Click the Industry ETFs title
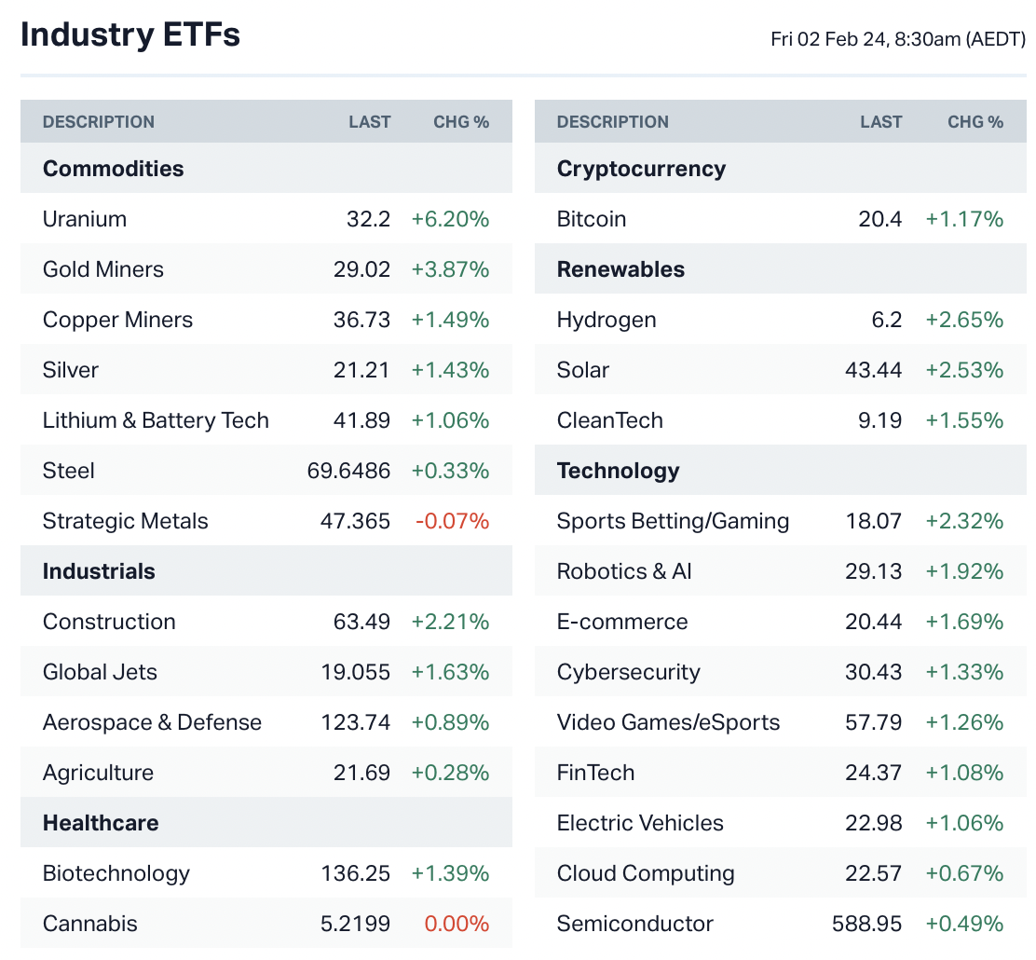[130, 34]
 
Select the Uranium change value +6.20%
[450, 219]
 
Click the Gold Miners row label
[103, 269]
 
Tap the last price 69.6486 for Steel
[348, 471]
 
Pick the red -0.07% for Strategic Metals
[452, 521]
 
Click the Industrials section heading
[99, 571]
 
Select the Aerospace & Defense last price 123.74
[355, 722]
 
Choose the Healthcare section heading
[101, 823]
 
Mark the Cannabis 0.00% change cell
[457, 924]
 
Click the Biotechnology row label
[116, 873]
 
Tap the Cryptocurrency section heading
[641, 169]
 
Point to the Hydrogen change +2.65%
[964, 320]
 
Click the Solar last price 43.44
[874, 370]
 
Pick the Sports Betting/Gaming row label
[673, 521]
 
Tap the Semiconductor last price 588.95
[867, 924]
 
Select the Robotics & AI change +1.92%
[964, 571]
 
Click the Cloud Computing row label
[646, 873]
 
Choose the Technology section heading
[619, 471]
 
